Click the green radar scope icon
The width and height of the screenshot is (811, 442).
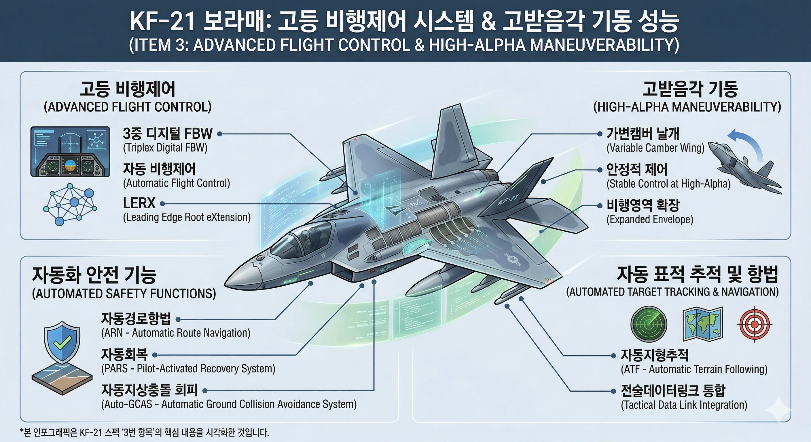(649, 324)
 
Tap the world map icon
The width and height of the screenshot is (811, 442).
(702, 324)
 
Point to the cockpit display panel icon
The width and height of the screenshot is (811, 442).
(70, 152)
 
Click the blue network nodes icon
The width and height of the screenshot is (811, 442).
(70, 204)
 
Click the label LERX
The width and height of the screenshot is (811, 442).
(139, 203)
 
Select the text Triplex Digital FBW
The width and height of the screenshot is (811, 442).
(165, 148)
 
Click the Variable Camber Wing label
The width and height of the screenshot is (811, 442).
(655, 148)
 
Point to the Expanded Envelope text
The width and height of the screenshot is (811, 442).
(650, 220)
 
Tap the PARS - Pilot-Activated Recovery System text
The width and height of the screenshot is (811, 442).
(188, 369)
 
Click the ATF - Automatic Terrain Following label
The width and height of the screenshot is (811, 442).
(694, 369)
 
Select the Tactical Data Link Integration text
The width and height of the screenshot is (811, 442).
(684, 405)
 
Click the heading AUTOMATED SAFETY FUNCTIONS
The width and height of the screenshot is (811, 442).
(124, 294)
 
